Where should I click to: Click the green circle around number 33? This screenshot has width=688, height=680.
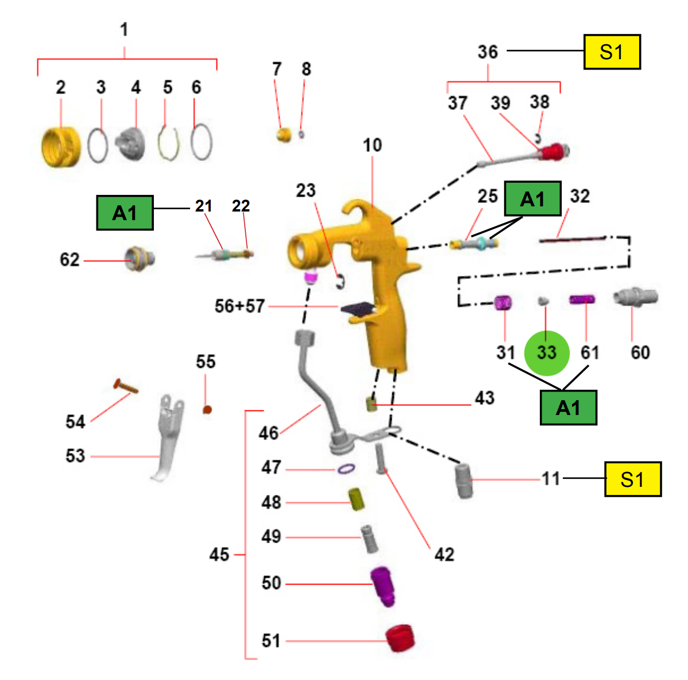point(547,353)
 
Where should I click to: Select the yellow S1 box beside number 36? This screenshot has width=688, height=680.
point(612,52)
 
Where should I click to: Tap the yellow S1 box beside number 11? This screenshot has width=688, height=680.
point(633,479)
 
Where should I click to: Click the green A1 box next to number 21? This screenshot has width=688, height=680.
point(125,213)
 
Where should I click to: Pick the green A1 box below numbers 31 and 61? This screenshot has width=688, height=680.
point(568,408)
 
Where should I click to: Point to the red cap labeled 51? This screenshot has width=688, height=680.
point(400,638)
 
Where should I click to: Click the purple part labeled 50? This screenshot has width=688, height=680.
point(382,586)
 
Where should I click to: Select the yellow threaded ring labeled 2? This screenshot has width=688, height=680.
point(61,147)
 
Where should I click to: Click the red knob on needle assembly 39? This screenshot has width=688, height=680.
point(551,152)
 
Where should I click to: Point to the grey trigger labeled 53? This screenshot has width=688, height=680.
point(167,437)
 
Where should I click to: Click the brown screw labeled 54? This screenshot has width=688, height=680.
point(126,386)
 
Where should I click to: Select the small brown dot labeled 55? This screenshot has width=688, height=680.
point(207,409)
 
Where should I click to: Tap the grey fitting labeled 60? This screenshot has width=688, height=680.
point(635,297)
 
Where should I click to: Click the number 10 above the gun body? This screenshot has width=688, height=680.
point(372,145)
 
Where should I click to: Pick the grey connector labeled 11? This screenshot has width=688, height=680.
point(464,481)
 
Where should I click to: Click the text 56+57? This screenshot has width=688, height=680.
point(239,306)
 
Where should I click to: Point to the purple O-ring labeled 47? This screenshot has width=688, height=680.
point(346,469)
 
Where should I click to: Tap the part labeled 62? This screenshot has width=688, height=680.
point(140,259)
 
